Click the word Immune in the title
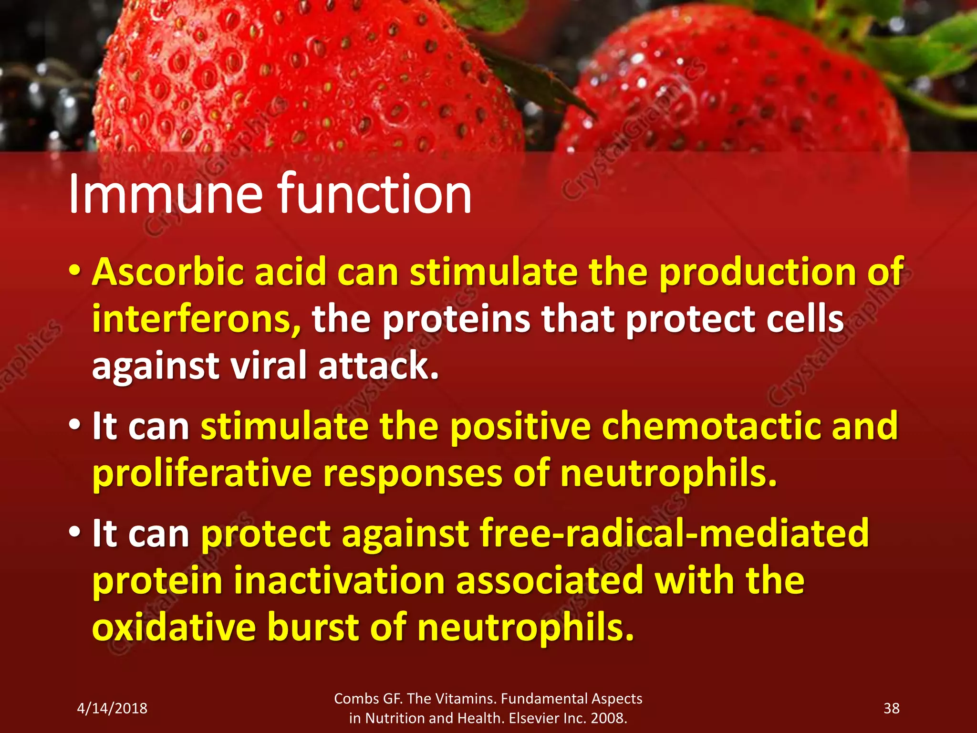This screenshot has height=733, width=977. point(165,194)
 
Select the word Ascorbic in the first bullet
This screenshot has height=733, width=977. point(167,272)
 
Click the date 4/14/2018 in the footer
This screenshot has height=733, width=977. point(112,708)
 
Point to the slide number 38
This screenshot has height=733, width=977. point(891,708)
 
